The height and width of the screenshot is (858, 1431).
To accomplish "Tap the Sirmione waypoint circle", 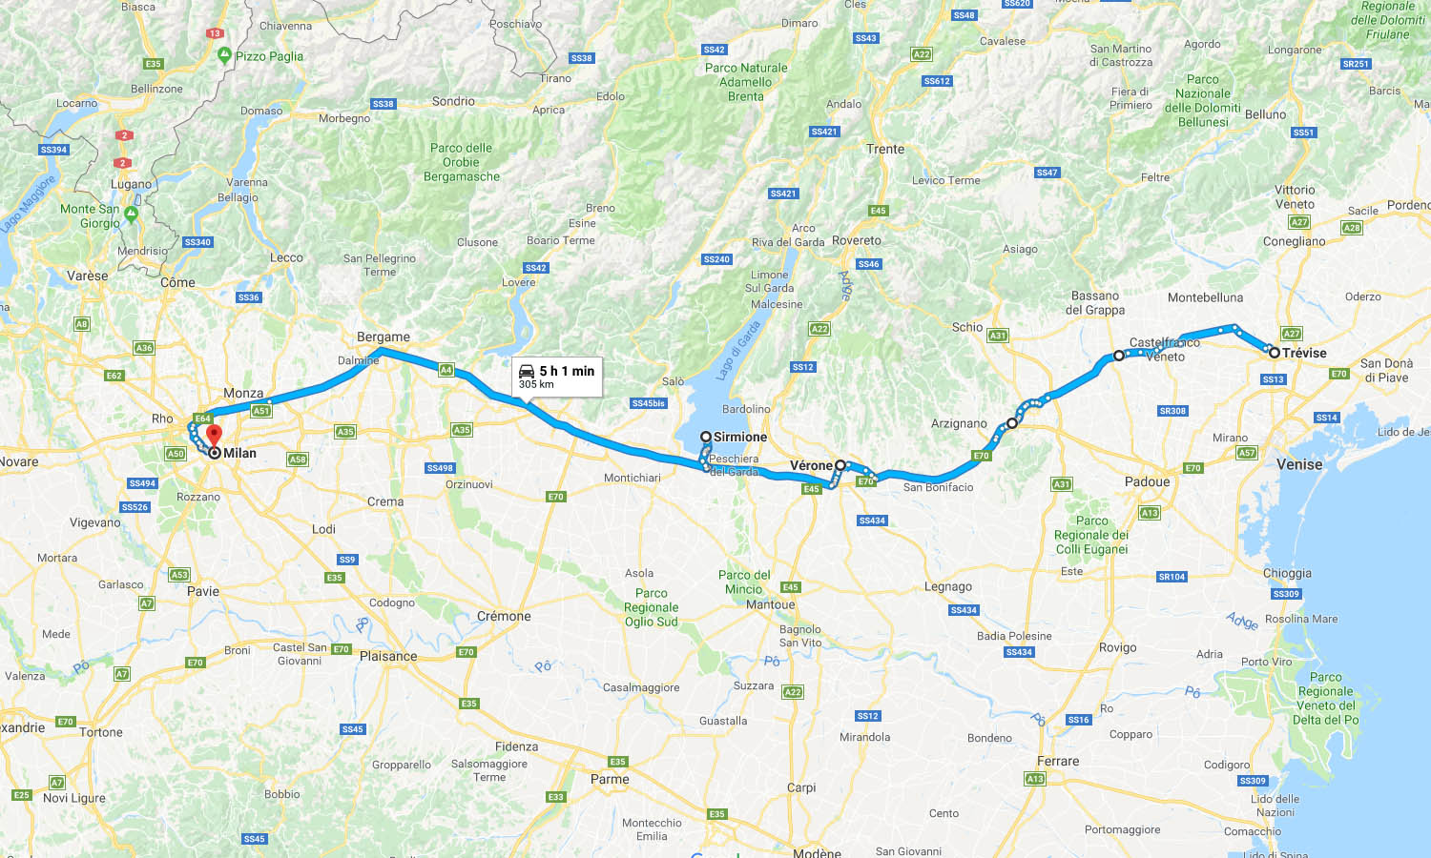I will click(706, 437).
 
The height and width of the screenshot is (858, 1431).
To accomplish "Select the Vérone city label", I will click(811, 465).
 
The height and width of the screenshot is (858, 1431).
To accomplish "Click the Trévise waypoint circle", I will click(1274, 353).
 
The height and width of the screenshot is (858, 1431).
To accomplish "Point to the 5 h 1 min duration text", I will click(567, 371).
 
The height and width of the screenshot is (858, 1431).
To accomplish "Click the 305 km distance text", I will click(536, 384).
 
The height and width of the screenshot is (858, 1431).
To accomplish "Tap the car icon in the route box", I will click(527, 371).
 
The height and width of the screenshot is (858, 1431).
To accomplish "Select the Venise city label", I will click(1299, 464).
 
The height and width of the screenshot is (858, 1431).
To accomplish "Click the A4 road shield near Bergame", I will click(446, 369).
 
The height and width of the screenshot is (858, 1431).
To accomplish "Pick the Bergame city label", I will click(384, 337).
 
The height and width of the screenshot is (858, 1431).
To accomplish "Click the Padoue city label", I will click(1147, 481).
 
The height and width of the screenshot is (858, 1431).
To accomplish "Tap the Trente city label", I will click(885, 149).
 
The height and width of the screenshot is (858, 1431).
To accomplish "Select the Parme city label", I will click(610, 779).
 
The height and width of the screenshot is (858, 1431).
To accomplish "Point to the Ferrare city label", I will click(1058, 761).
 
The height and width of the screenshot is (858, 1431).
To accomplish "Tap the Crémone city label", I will click(504, 616).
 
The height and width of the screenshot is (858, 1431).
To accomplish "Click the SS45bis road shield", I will click(649, 403).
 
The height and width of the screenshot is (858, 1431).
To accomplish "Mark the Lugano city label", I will click(131, 184).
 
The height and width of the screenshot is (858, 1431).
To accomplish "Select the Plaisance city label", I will click(388, 656).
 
